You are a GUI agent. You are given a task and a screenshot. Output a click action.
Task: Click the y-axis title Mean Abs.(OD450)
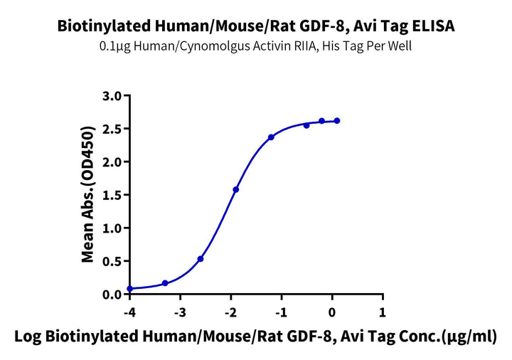click(88, 195)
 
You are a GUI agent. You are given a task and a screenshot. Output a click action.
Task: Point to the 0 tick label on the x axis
click(332, 312)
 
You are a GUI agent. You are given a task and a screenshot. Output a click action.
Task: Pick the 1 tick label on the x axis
click(383, 312)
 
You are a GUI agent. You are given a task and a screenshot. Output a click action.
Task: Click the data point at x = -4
click(129, 289)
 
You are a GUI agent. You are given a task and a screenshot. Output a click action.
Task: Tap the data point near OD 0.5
click(201, 259)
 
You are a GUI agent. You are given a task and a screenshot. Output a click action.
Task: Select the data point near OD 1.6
click(236, 189)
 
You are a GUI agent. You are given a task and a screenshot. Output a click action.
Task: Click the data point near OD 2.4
click(272, 137)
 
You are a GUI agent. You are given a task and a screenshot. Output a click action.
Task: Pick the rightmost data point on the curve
click(337, 121)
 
